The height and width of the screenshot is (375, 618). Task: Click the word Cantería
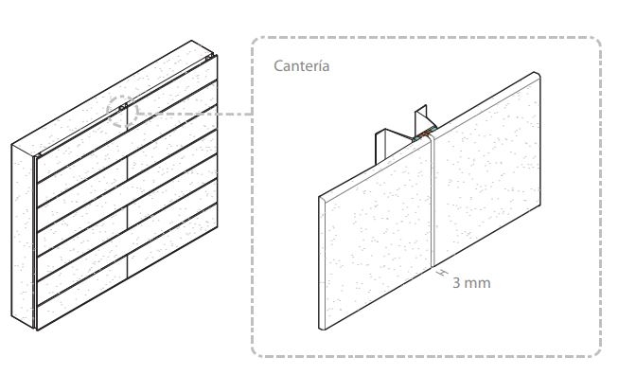302,66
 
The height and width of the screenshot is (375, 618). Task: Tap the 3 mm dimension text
471,283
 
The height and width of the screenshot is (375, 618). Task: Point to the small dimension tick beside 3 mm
443,272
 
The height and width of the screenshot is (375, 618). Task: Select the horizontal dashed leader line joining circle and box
195,114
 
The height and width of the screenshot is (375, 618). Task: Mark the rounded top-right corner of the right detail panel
538,74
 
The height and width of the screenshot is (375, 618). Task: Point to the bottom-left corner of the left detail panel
320,328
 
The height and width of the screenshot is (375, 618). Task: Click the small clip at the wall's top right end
209,57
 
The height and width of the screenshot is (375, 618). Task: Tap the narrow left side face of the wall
23,236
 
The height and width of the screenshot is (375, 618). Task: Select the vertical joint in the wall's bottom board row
127,268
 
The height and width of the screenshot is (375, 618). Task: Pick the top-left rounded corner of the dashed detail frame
259,45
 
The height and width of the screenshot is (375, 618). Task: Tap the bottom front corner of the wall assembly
37,330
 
